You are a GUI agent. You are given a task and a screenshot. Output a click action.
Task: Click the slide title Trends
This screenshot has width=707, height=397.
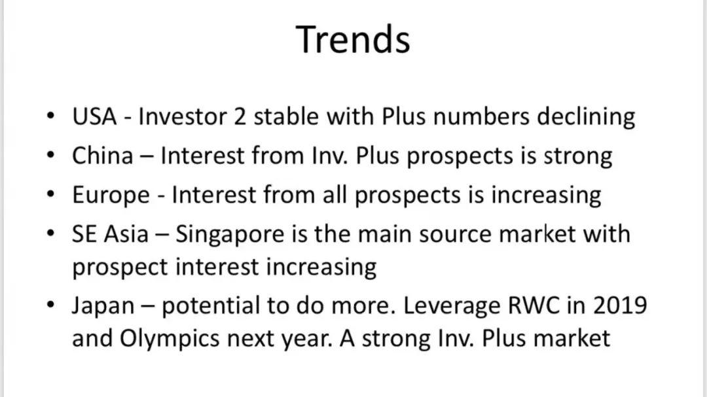353,40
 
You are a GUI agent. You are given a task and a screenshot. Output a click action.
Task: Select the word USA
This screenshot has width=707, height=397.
94,116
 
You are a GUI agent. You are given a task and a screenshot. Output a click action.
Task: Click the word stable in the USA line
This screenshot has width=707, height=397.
286,116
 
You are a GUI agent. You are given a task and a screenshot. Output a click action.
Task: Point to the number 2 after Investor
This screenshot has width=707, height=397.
240,116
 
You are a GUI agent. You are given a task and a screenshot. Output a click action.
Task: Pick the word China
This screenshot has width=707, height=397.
103,156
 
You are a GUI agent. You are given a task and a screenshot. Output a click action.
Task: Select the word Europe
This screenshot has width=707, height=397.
111,196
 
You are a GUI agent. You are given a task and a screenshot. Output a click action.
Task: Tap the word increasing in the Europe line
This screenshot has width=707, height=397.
546,196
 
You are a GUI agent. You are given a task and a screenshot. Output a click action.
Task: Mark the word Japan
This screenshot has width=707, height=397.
103,306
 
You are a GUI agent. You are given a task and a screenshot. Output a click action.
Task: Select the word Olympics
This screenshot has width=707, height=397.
170,339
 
